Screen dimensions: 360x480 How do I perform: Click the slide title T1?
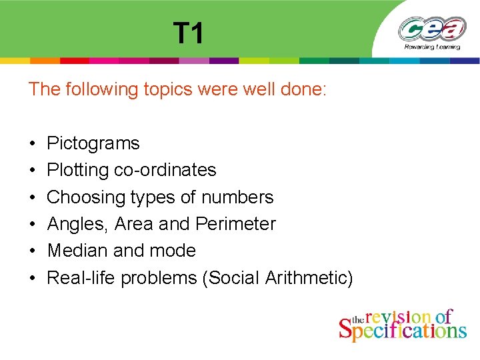tap(189, 33)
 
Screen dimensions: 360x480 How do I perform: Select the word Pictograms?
tap(93, 143)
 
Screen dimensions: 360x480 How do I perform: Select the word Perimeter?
tap(235, 224)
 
